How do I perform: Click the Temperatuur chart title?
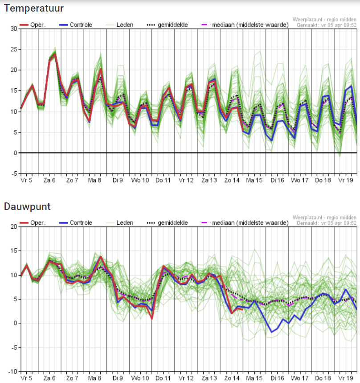click(34, 8)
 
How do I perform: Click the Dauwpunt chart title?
click(27, 206)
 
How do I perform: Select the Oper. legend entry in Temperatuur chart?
click(33, 25)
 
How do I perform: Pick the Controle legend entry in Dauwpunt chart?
click(76, 223)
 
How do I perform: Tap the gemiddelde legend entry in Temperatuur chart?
click(168, 25)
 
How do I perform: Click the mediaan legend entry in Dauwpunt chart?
click(245, 223)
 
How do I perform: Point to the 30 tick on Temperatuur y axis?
click(14, 29)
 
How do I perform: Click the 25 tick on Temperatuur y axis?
click(14, 49)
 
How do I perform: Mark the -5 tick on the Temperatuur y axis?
click(14, 174)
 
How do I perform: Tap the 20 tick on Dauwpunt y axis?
click(14, 227)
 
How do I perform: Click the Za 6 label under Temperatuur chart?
click(49, 180)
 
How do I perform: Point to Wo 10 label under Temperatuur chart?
click(140, 180)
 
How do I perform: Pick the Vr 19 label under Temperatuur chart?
click(346, 180)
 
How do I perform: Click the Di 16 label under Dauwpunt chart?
click(277, 378)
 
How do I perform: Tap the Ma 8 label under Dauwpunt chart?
click(94, 378)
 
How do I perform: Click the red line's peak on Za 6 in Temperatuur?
click(55, 54)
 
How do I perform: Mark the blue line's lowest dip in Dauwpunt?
click(272, 332)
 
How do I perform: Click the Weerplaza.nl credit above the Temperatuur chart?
click(324, 20)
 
